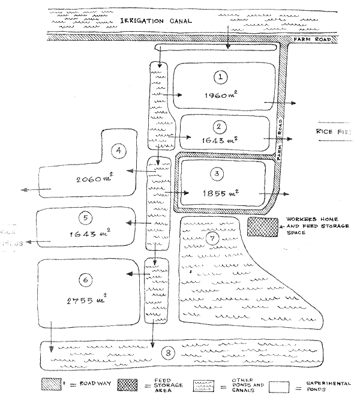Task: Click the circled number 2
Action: (220, 126)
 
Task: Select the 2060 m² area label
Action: (96, 178)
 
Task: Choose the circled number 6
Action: (86, 279)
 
